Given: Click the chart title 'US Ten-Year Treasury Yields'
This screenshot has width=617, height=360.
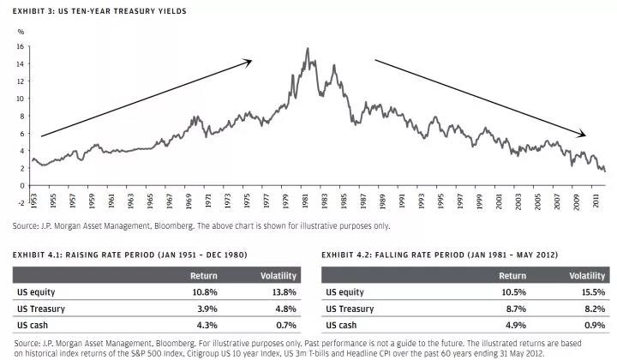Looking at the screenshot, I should coord(129,12).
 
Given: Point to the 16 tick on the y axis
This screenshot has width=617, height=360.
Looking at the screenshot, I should coord(21,46).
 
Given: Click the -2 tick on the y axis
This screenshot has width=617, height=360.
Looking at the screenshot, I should coord(20,203).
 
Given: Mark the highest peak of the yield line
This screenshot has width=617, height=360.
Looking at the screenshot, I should coord(307,49).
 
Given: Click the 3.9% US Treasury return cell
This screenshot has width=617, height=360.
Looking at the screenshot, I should coord(206,309).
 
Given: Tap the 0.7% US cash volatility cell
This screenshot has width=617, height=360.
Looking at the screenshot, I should coord(285,325).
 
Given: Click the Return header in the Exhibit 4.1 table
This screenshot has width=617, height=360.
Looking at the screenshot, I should coord(203,276).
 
